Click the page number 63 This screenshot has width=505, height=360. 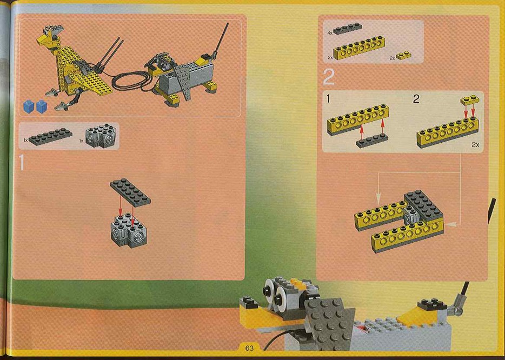click(x=249, y=348)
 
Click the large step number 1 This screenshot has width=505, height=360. click(x=22, y=162)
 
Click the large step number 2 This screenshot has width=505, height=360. click(x=329, y=77)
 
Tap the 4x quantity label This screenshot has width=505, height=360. click(x=330, y=33)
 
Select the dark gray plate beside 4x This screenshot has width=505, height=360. click(x=348, y=28)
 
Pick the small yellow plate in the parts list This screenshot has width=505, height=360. click(x=403, y=55)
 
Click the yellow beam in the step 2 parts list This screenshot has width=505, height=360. click(x=359, y=48)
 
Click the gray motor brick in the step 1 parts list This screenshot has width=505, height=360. click(x=100, y=136)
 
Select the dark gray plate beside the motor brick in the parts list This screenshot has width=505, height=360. click(x=50, y=137)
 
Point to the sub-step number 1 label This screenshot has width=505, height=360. click(x=328, y=98)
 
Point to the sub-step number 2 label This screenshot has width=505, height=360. click(x=416, y=98)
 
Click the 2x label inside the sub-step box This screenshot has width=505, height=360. click(x=475, y=144)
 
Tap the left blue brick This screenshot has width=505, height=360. click(x=29, y=106)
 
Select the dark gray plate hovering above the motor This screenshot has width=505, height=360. click(x=130, y=191)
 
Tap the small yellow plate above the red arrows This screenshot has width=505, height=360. click(x=470, y=101)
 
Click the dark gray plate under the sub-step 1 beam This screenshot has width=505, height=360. click(x=372, y=141)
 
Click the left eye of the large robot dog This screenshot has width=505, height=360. click(x=269, y=289)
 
